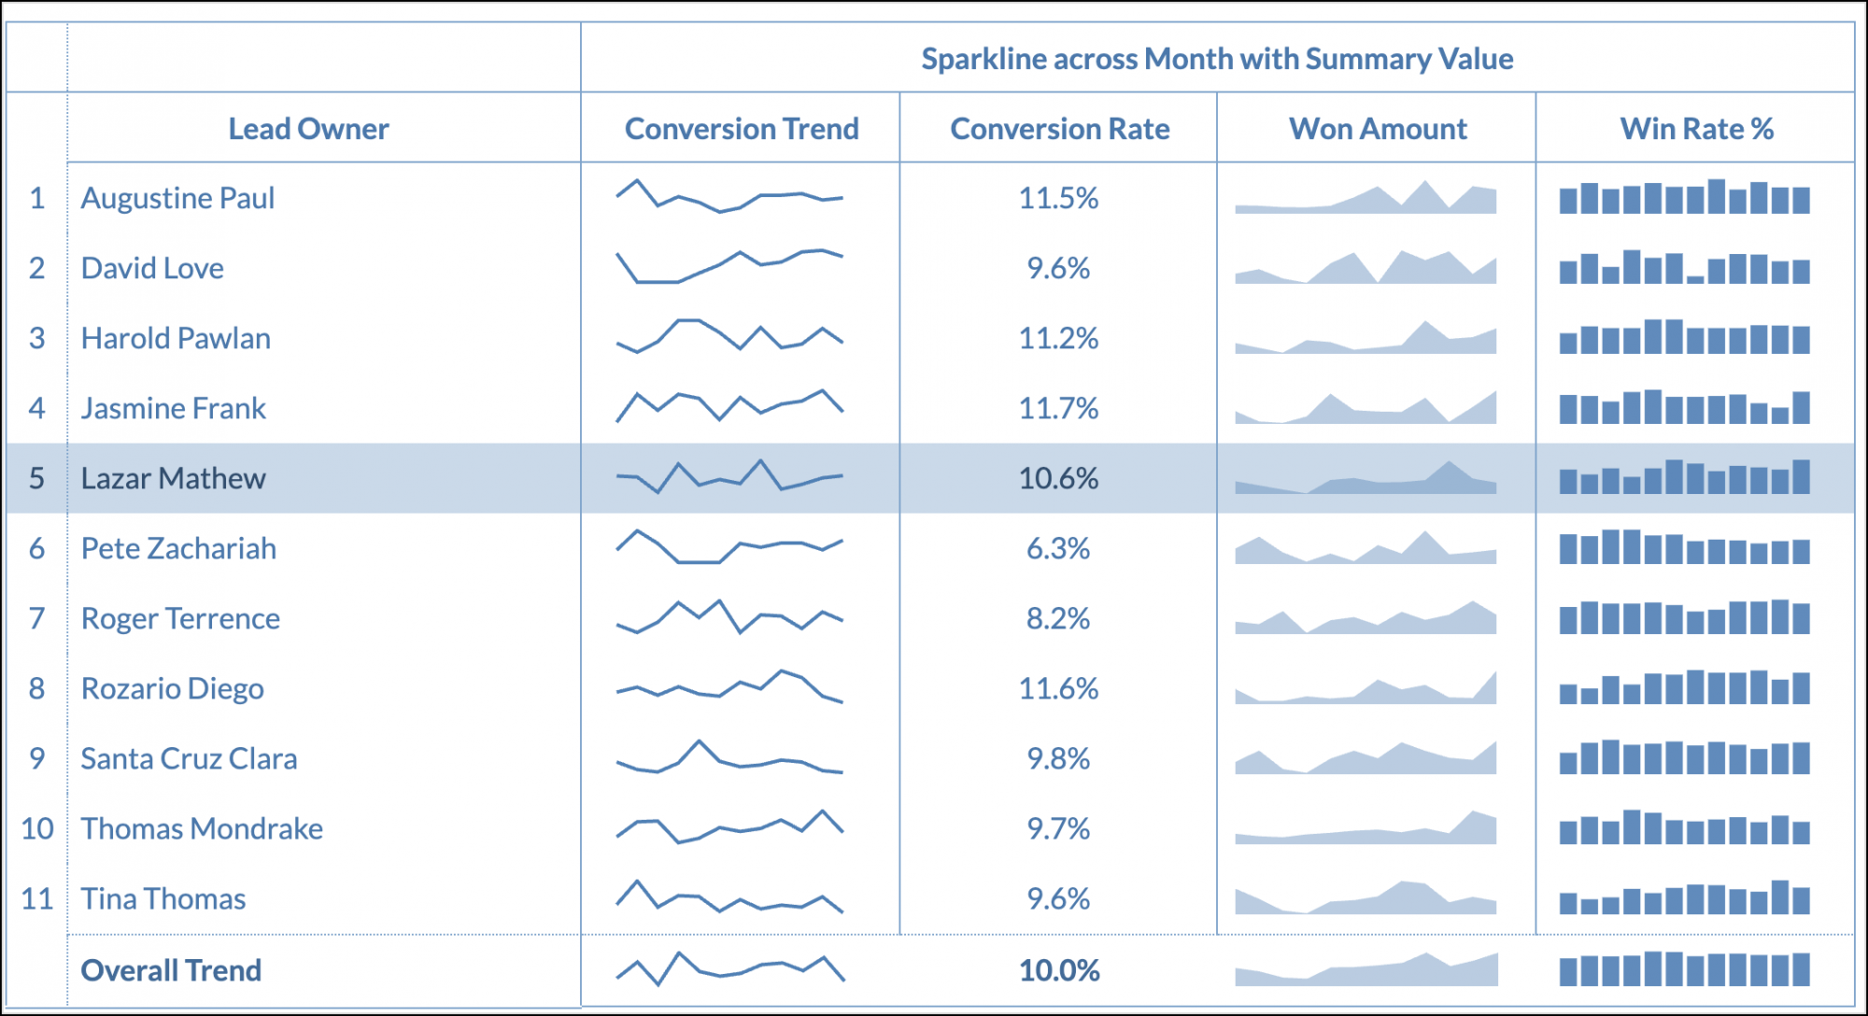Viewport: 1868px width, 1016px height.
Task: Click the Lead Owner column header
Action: tap(308, 129)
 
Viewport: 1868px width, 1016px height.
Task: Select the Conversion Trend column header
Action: tap(741, 129)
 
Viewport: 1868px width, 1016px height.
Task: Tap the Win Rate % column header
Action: tap(1696, 129)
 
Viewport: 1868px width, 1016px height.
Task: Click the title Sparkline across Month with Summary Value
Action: tap(1216, 59)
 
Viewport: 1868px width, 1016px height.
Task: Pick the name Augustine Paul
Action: tap(177, 198)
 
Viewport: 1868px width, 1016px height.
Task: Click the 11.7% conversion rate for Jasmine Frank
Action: tap(1058, 408)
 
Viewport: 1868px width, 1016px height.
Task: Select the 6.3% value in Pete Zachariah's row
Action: tap(1058, 548)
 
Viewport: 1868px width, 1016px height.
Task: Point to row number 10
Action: tap(37, 828)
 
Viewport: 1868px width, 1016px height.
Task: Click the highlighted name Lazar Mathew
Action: tap(173, 478)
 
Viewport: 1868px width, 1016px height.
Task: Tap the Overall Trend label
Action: tap(171, 970)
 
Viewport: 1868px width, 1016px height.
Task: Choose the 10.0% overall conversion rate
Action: tap(1059, 970)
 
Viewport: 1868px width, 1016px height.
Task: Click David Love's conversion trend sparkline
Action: tap(729, 267)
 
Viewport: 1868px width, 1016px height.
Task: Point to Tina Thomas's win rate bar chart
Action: tap(1684, 899)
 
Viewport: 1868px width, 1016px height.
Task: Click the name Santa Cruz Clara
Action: tap(189, 758)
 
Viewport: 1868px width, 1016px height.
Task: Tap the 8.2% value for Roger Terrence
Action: tap(1058, 618)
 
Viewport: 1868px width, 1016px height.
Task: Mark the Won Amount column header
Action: tap(1378, 129)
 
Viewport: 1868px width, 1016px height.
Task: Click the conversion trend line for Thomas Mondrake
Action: tap(729, 826)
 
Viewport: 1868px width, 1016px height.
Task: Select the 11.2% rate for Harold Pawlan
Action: tap(1058, 338)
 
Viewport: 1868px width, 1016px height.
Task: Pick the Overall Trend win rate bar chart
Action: tap(1684, 970)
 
